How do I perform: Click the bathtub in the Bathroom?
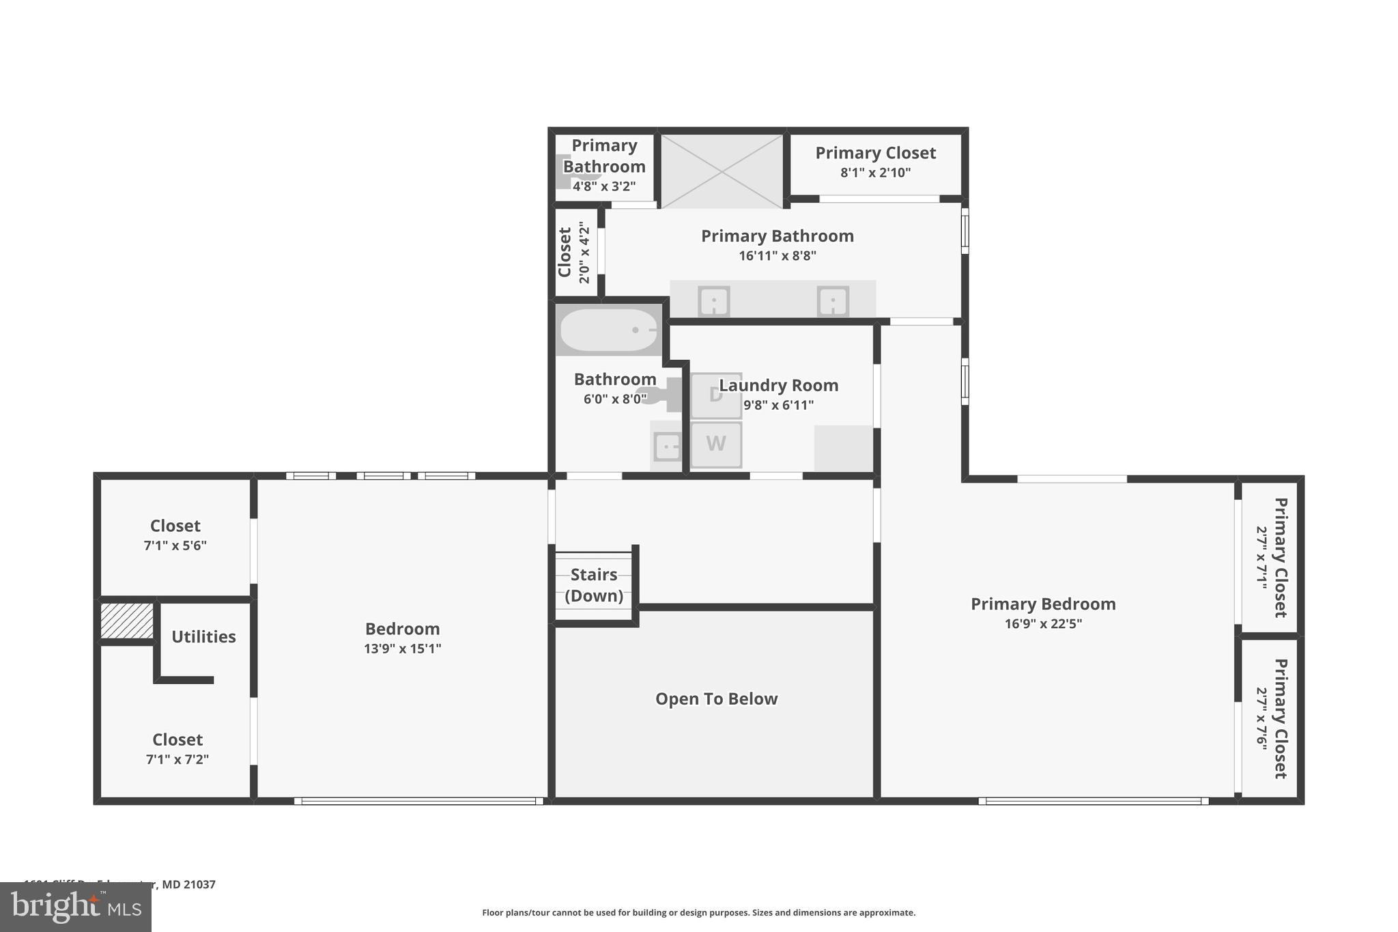tap(608, 330)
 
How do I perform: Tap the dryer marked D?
tap(715, 395)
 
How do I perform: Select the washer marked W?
tap(715, 444)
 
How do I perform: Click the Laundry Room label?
tap(778, 386)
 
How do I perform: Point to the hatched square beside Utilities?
tap(126, 621)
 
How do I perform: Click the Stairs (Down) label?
tap(594, 585)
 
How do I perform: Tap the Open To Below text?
tap(716, 699)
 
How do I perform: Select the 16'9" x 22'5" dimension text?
tap(1042, 623)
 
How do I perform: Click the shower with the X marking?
tap(722, 171)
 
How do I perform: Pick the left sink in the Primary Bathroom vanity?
tap(713, 301)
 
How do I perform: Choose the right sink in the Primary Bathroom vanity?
tap(833, 301)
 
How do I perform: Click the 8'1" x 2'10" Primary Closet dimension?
tap(875, 173)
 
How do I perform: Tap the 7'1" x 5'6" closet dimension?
tap(175, 546)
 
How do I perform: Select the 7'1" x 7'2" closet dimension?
tap(177, 759)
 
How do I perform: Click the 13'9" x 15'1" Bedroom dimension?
tap(402, 649)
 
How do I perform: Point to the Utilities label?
tap(203, 637)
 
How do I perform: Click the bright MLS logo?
tap(76, 907)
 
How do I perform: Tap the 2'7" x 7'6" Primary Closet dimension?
tap(1261, 718)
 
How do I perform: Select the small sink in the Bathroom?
tap(666, 447)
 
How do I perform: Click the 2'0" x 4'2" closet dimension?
tap(584, 252)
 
